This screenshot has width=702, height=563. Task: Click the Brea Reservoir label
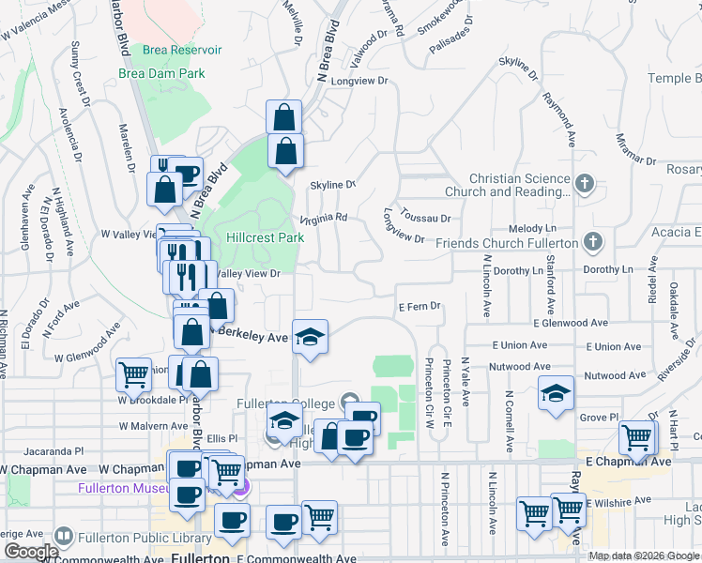[x=182, y=50]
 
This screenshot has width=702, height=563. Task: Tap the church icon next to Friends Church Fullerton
[x=591, y=242]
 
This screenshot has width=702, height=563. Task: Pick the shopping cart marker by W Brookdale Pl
[x=133, y=375]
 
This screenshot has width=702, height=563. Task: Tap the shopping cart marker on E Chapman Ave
[x=637, y=437]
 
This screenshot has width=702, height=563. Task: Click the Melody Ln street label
[x=531, y=229]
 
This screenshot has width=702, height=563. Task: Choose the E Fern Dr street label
[x=420, y=307]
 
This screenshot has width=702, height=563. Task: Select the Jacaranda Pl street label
[x=56, y=450]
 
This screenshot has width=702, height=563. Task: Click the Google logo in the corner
[x=31, y=552]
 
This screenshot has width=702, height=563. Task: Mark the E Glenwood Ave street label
[x=571, y=323]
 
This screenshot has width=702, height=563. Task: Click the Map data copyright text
[x=644, y=555]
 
